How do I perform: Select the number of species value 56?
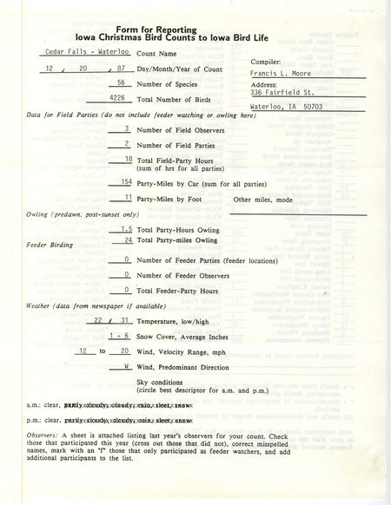click(x=123, y=84)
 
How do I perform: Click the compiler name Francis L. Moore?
click(x=279, y=75)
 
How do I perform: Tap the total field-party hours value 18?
click(x=127, y=161)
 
